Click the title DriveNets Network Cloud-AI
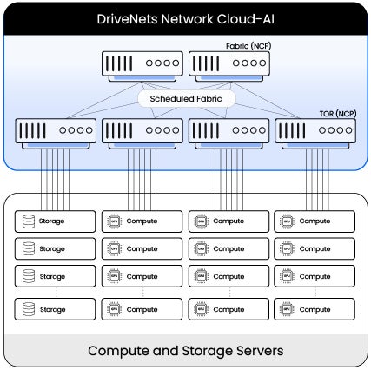tap(185, 19)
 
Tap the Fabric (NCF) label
tap(248, 46)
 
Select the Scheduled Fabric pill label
tap(186, 99)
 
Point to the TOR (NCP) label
tap(338, 114)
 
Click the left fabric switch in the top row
tap(142, 66)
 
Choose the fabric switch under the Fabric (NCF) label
tap(229, 66)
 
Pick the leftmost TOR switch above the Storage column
tap(56, 134)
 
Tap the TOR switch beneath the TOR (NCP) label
tap(315, 134)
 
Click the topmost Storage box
tap(55, 221)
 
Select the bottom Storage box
tap(55, 309)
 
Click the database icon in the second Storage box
tap(29, 248)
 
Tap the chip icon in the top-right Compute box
tap(287, 221)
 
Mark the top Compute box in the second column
tap(142, 221)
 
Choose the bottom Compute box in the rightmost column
tap(315, 309)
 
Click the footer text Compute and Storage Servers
tap(186, 351)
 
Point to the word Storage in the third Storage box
tap(52, 277)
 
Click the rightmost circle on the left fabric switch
tap(176, 63)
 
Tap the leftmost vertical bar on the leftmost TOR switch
tap(21, 131)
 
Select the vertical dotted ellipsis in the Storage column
tap(56, 293)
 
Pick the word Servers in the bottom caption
tap(260, 351)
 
